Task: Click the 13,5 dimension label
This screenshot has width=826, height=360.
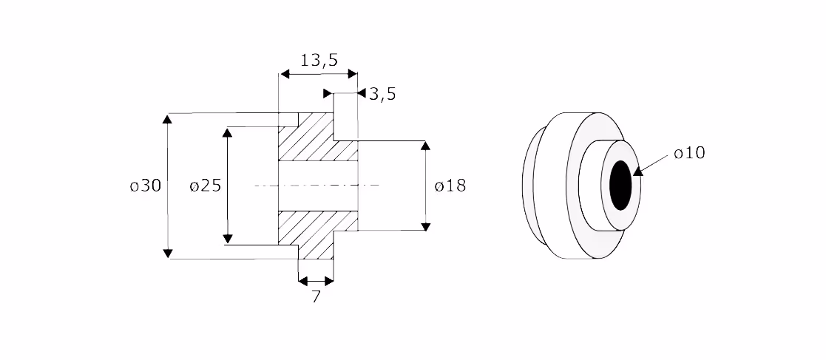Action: (319, 60)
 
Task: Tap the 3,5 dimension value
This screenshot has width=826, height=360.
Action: (382, 95)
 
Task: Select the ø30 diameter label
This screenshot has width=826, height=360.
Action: (146, 186)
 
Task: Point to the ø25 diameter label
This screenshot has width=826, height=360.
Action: (206, 186)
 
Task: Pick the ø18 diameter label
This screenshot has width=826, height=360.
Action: (450, 186)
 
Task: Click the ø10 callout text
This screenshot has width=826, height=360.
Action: (689, 153)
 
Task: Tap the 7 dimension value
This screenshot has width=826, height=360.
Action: (316, 297)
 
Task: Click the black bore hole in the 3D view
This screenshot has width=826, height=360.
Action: (620, 186)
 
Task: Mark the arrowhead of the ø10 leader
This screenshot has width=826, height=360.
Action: (638, 171)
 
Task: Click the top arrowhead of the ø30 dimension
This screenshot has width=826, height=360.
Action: (168, 118)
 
